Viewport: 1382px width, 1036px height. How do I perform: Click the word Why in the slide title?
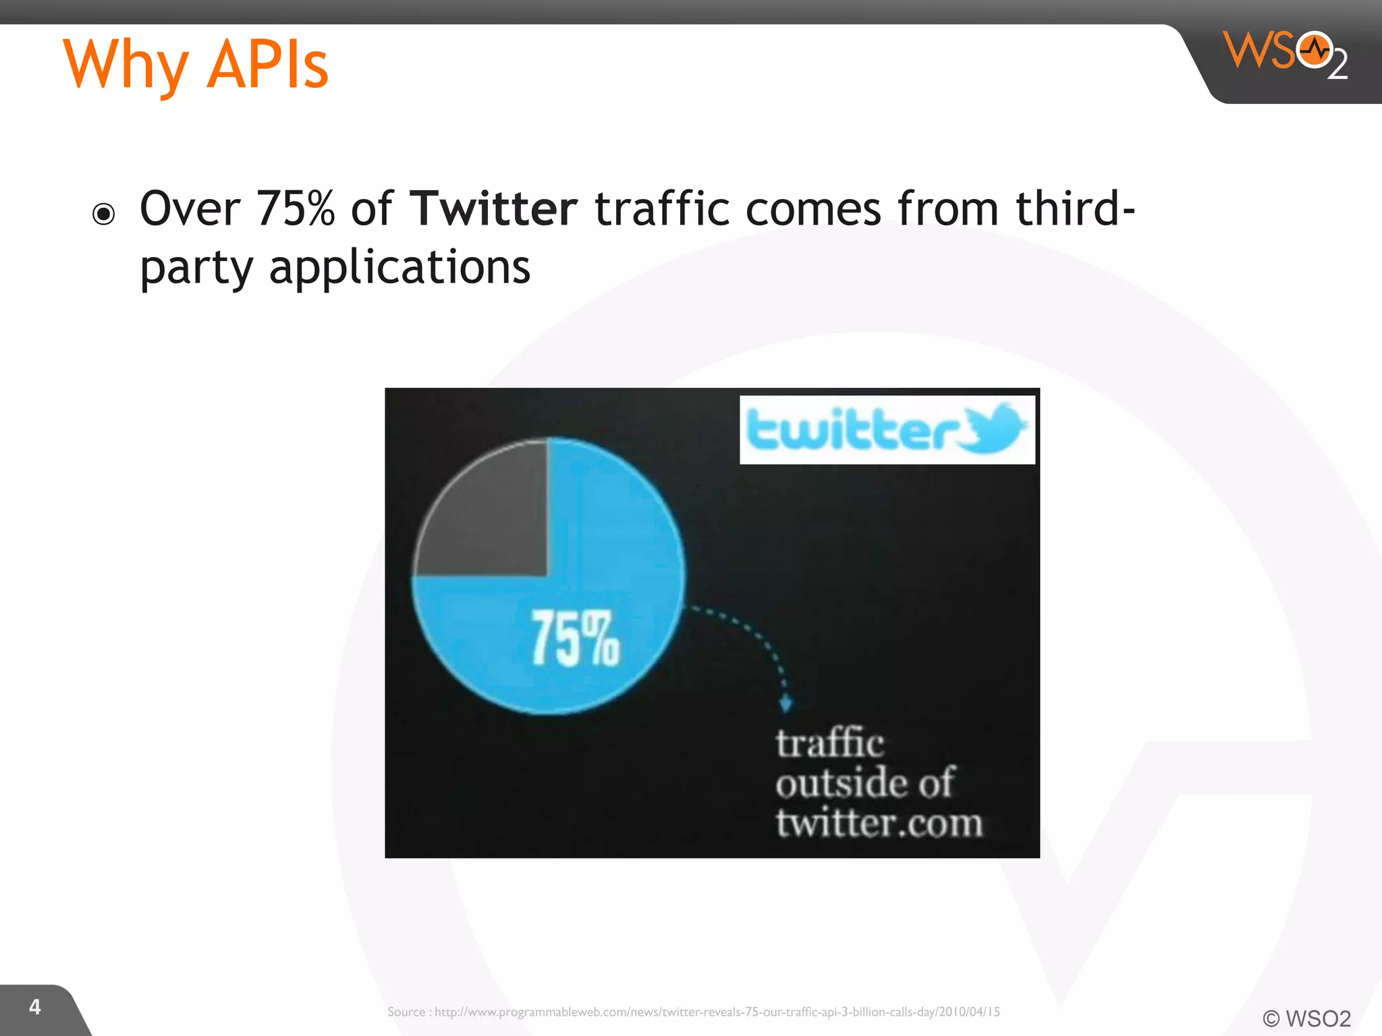point(126,65)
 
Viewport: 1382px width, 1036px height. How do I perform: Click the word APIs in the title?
point(267,65)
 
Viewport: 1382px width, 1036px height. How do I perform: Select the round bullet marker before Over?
point(104,214)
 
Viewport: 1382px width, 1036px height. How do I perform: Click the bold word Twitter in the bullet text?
point(494,209)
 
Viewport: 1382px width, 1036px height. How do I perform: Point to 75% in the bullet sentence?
point(296,209)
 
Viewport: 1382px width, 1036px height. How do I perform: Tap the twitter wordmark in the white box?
point(853,430)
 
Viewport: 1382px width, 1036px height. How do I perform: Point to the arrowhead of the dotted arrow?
point(785,704)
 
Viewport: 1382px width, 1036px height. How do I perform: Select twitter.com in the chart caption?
point(879,824)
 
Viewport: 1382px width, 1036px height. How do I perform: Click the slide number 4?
point(35,1007)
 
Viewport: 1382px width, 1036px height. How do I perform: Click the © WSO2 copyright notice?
point(1306,1018)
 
